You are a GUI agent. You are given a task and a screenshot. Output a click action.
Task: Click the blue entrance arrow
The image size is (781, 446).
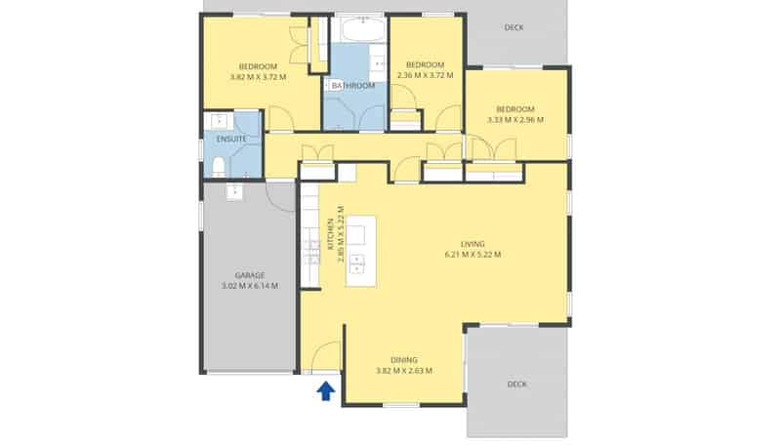click(326, 390)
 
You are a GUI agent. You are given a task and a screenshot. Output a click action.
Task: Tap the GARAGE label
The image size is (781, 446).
click(250, 275)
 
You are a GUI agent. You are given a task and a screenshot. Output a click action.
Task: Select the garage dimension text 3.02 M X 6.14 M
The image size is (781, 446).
click(250, 286)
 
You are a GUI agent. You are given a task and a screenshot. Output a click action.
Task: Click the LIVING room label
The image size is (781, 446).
click(473, 244)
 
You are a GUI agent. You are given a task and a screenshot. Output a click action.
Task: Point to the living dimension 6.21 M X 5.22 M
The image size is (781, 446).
click(473, 255)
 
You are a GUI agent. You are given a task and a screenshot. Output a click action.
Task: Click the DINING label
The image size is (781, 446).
click(404, 360)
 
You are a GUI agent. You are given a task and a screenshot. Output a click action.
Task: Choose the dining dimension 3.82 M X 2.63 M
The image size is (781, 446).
click(404, 370)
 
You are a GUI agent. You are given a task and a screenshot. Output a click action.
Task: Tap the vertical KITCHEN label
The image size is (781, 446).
click(330, 234)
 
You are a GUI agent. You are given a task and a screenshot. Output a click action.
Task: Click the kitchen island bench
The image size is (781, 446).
click(361, 251)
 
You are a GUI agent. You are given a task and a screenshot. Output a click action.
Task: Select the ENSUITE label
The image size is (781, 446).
click(231, 139)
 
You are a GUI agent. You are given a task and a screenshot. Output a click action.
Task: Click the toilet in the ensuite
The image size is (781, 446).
click(218, 167)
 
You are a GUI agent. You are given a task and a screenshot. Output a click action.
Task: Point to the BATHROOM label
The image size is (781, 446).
click(353, 86)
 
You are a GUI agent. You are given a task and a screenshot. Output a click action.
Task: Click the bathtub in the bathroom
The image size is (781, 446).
click(364, 29)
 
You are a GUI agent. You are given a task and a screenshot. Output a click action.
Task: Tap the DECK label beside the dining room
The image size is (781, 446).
click(517, 384)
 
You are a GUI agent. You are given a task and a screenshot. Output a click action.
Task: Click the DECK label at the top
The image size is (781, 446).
click(514, 27)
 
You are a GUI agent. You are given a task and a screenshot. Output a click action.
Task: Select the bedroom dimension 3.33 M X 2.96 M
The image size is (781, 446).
click(515, 119)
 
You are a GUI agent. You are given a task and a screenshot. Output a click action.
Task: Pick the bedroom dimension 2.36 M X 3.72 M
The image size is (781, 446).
click(426, 75)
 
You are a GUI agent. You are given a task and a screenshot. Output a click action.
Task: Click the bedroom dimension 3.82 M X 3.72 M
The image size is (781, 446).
click(258, 77)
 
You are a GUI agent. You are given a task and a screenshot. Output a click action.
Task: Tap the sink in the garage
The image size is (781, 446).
click(234, 191)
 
